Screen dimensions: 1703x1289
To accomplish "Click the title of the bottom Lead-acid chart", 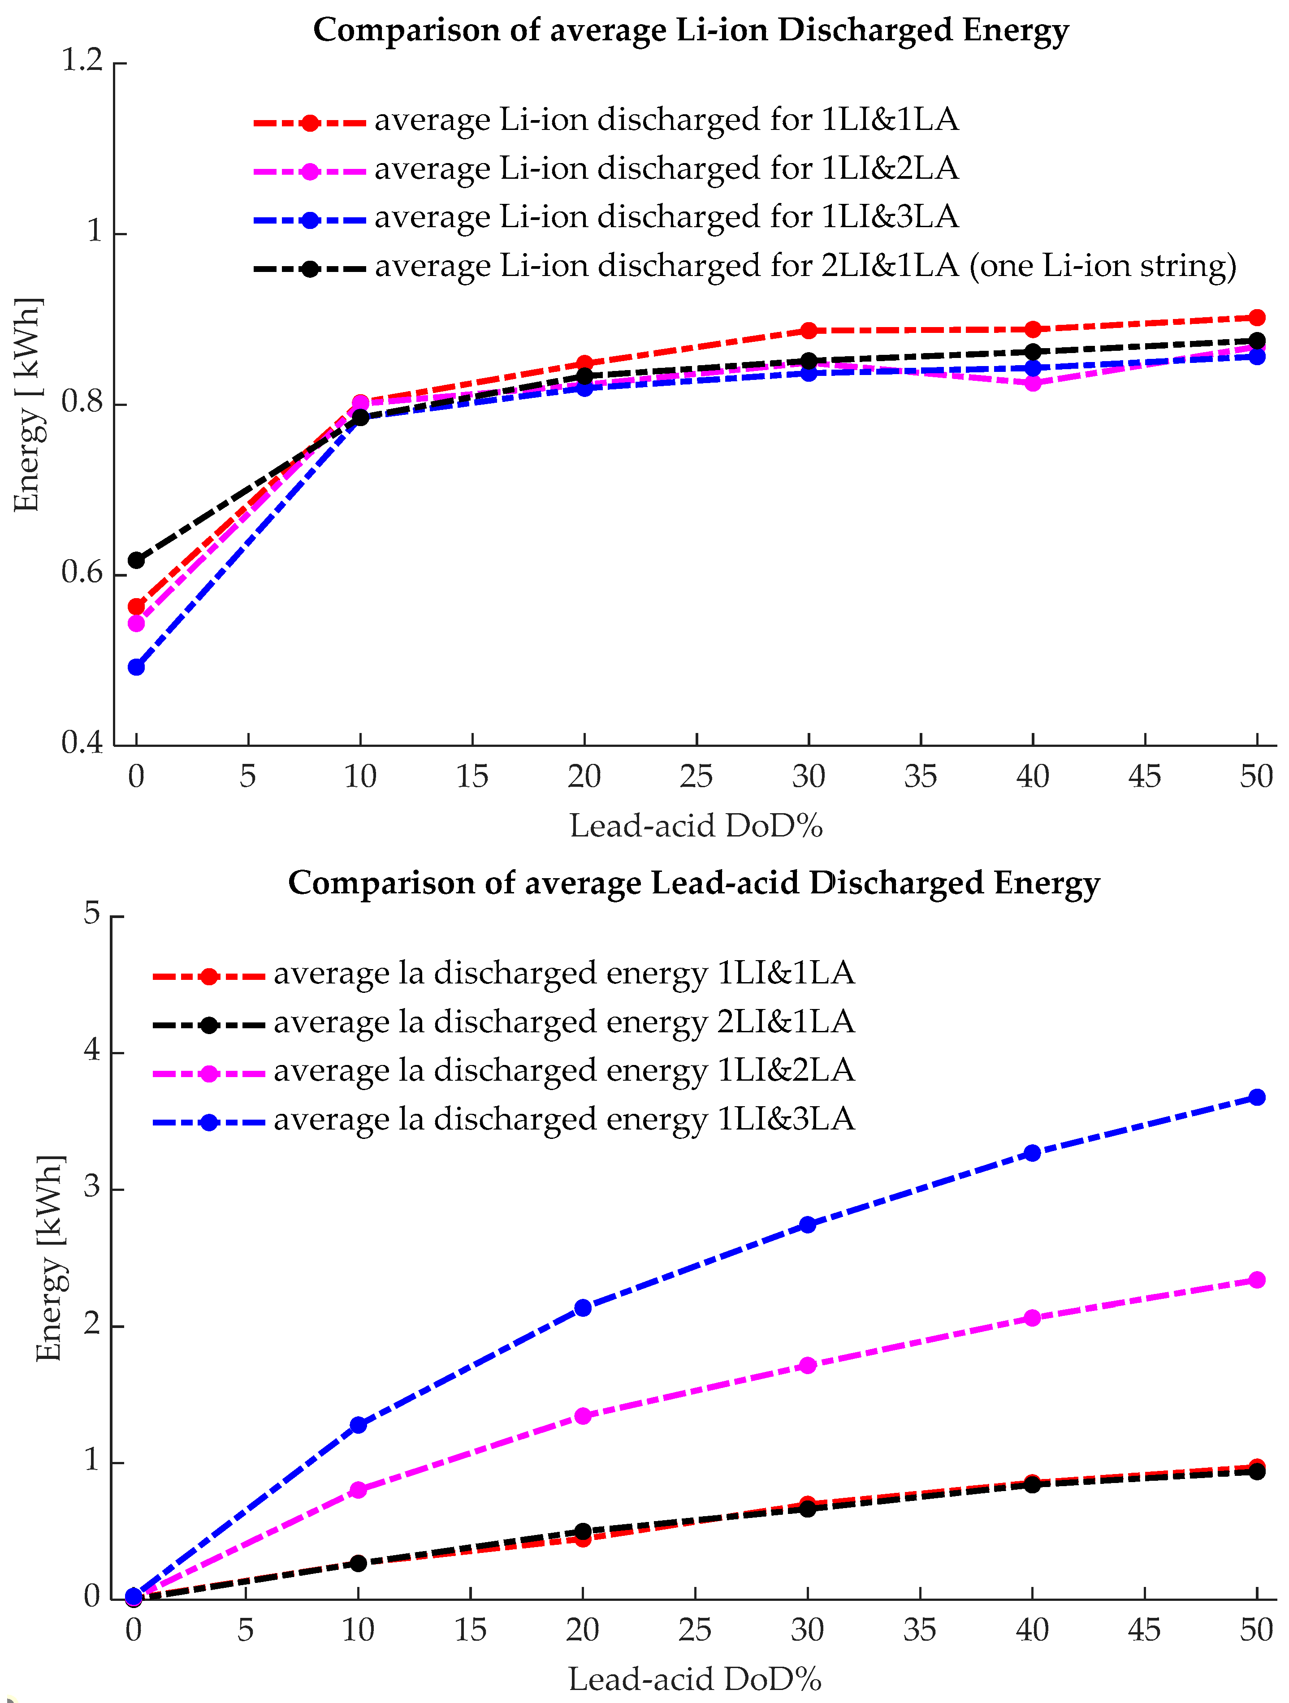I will (693, 883).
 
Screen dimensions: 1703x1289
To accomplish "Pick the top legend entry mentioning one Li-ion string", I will (805, 267).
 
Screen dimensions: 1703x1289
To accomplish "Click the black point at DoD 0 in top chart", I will (136, 560).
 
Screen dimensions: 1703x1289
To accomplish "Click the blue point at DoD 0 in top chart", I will (136, 667).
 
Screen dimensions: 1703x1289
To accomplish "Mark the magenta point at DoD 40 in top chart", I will (1033, 383).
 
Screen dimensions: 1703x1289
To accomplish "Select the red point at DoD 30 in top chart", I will (809, 330).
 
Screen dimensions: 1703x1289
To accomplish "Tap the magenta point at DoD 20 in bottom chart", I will (583, 1416).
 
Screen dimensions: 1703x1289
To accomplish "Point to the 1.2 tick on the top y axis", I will (82, 60).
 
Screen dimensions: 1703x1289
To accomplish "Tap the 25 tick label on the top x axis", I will (696, 776).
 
